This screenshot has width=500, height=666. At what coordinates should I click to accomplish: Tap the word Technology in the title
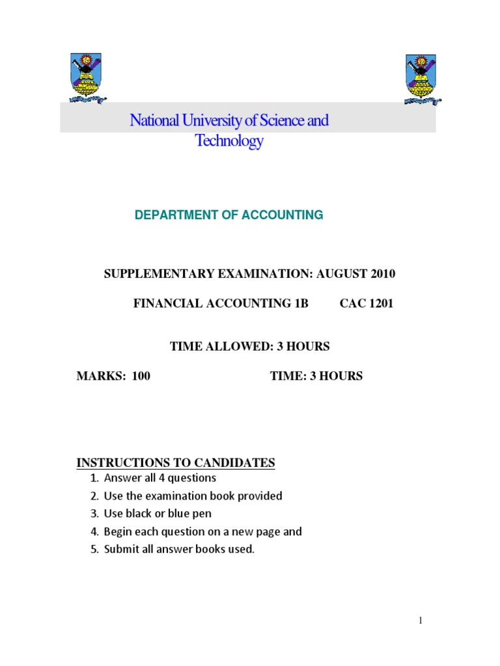(229, 141)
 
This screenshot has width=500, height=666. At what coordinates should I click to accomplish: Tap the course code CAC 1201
(367, 304)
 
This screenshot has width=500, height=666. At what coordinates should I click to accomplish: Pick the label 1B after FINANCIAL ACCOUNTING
(300, 304)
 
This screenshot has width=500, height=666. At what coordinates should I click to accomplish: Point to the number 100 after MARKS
(141, 376)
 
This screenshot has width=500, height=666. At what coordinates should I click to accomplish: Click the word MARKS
(100, 376)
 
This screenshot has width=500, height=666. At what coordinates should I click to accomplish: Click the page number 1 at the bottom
(421, 620)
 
